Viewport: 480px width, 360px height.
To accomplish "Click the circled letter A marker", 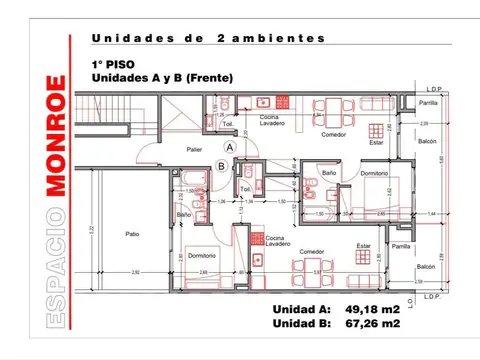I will [x=229, y=146].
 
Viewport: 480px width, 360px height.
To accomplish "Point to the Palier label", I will [x=196, y=150].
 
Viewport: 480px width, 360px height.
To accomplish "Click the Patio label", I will [x=133, y=235].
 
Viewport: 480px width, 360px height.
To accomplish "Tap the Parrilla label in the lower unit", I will [x=402, y=246].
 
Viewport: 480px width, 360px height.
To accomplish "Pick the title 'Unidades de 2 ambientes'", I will [x=208, y=38].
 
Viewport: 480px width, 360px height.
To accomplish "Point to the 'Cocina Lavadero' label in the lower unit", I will [x=278, y=241].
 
